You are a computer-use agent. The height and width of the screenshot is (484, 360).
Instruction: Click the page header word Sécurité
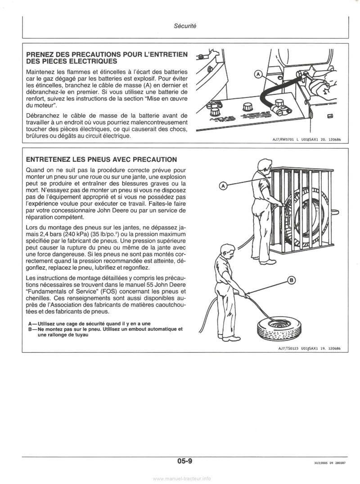click(184, 26)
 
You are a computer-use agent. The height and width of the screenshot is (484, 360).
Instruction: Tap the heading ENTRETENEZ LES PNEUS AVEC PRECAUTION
click(101, 159)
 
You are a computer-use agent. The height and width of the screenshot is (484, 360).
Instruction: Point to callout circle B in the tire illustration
click(291, 281)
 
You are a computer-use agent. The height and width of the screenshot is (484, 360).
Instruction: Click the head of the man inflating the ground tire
click(226, 249)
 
